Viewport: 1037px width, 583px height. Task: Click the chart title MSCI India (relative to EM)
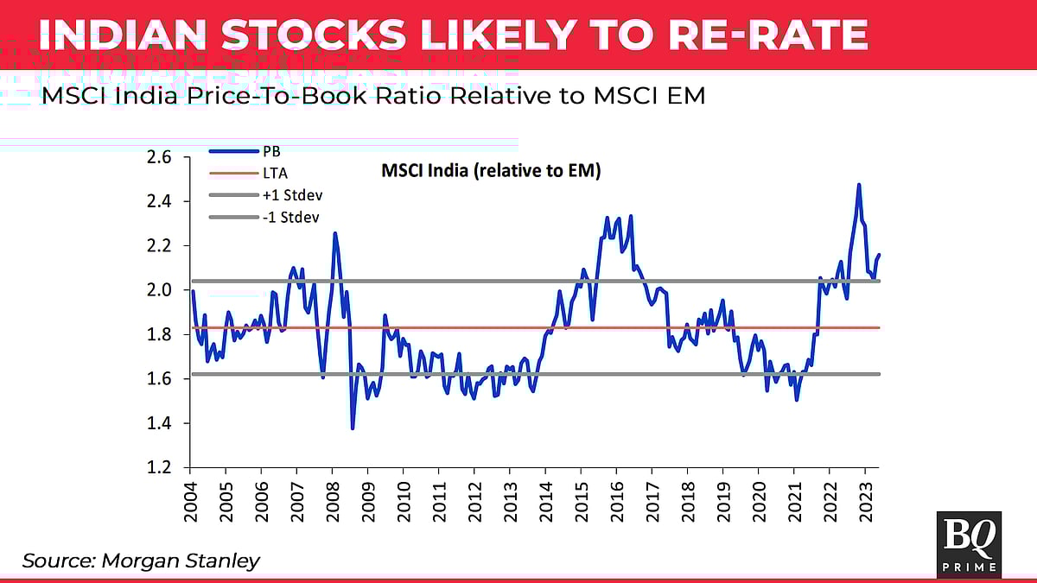click(491, 171)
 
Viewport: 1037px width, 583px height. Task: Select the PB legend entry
click(271, 150)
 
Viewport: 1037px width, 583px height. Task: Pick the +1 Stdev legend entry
click(292, 195)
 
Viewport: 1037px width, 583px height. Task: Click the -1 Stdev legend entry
click(291, 218)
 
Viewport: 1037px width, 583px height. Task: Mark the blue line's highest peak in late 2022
click(859, 185)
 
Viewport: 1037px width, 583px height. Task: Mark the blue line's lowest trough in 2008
click(353, 428)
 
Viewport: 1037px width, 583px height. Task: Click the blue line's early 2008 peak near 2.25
click(334, 233)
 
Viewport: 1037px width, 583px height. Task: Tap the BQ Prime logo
click(969, 543)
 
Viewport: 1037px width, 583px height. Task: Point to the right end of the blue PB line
click(879, 255)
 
